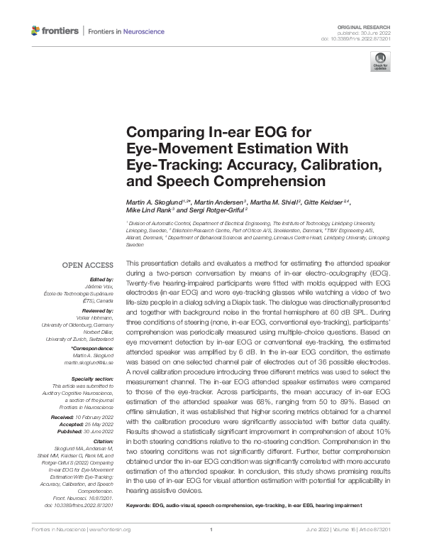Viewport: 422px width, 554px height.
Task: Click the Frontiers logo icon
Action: point(36,31)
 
